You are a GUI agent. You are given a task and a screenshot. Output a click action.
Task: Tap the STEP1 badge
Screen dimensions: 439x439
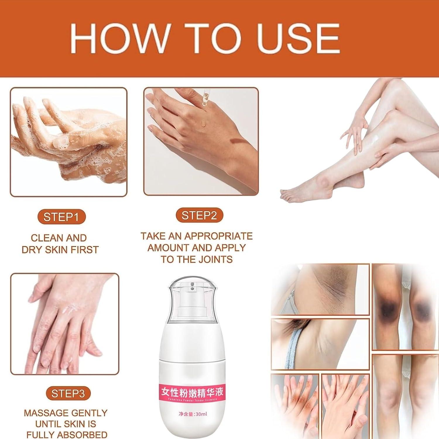click(x=61, y=217)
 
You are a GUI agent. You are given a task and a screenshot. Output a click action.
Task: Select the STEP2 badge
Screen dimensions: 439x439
click(x=199, y=215)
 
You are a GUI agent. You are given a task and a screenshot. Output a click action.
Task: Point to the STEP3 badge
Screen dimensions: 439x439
click(x=68, y=393)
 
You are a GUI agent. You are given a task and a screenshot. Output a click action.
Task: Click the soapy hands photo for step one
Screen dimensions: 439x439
click(x=68, y=142)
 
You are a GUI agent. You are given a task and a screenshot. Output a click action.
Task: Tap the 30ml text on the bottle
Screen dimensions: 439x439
click(x=201, y=414)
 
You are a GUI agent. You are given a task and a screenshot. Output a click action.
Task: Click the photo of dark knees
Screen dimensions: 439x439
click(x=405, y=307)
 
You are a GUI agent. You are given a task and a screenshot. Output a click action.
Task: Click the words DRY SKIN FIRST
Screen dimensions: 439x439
click(x=60, y=250)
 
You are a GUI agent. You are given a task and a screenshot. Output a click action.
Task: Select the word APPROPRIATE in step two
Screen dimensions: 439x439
click(x=218, y=236)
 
